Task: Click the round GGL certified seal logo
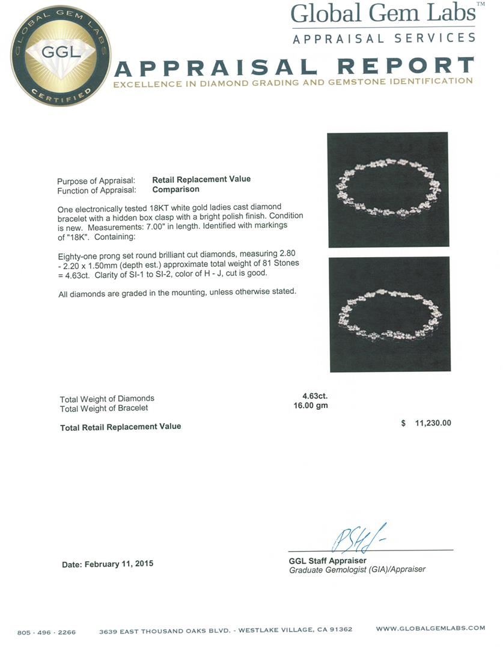[61, 55]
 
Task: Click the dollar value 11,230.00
[433, 423]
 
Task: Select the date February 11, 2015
[108, 564]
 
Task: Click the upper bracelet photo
[388, 189]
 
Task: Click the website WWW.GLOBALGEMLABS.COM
[430, 629]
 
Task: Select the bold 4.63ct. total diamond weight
[315, 396]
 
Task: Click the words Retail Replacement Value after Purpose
[201, 179]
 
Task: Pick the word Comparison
[175, 189]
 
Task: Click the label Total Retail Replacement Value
[120, 427]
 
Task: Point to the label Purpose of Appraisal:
[96, 181]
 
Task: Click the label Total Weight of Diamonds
[107, 398]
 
